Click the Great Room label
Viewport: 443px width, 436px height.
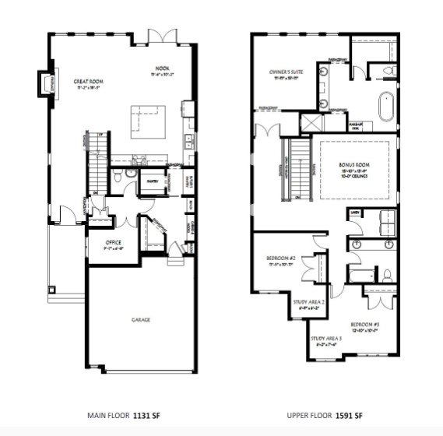click(x=90, y=81)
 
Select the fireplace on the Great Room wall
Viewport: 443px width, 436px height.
click(x=45, y=81)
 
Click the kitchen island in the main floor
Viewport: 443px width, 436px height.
click(x=145, y=117)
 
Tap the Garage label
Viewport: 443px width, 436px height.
click(x=140, y=319)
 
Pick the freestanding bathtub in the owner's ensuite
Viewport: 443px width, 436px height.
click(x=386, y=105)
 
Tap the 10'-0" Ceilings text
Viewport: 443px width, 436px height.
click(x=354, y=176)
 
